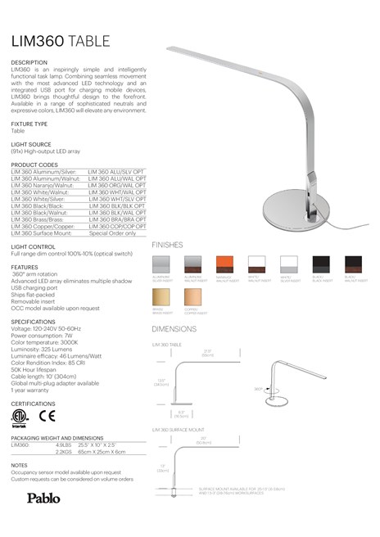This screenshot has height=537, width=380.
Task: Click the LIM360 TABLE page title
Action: point(66,40)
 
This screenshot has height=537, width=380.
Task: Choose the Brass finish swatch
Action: point(162,296)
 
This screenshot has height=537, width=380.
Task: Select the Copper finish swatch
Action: point(194,296)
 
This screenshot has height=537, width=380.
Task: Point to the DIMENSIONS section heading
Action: point(174,328)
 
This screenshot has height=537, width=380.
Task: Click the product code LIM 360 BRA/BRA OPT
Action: point(117,220)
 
